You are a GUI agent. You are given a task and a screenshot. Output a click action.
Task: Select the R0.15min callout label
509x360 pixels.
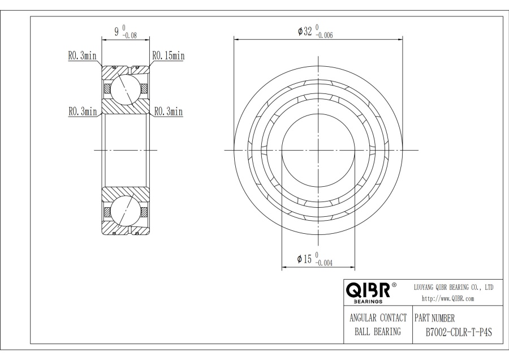168,55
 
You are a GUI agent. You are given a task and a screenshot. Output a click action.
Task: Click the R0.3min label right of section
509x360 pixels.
168,112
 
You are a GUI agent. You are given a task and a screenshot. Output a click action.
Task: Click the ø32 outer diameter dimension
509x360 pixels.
305,31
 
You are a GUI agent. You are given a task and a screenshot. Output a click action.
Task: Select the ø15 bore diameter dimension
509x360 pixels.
304,259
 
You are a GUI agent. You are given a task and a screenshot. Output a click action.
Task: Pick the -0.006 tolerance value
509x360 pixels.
323,36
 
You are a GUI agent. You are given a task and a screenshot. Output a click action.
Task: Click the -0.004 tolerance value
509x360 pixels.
323,263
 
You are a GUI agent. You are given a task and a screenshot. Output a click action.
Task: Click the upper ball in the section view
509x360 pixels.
125,88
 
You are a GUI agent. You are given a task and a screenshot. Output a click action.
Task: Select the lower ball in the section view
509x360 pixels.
125,211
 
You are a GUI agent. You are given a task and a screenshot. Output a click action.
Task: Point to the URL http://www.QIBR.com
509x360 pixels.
448,298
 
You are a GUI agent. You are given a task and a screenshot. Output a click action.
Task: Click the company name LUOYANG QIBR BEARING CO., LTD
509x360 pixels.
454,287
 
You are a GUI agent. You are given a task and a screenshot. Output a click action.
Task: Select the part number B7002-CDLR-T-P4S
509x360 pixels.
458,332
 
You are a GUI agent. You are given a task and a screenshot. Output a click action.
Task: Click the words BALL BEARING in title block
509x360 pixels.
378,332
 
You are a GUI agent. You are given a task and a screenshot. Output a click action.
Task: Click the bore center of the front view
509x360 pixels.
318,150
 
